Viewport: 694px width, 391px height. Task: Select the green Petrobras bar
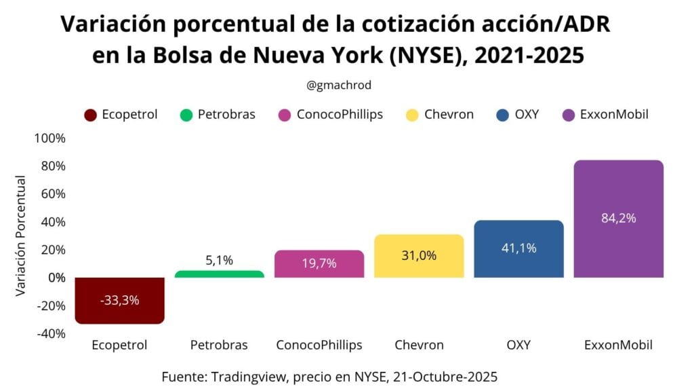(x=219, y=274)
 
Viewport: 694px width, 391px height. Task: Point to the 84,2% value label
(x=618, y=218)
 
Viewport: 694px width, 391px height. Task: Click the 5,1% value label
(x=219, y=260)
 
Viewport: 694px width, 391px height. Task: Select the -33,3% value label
(x=120, y=299)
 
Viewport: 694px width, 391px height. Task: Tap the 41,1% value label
(x=518, y=248)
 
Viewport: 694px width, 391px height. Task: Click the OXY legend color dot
(x=502, y=115)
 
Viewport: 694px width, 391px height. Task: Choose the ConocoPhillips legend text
(x=340, y=114)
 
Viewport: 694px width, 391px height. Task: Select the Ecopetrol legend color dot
(x=90, y=115)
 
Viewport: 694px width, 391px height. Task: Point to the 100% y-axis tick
(x=49, y=138)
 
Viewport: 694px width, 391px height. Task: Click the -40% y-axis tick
(x=51, y=333)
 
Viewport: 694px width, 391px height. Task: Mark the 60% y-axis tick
(x=52, y=194)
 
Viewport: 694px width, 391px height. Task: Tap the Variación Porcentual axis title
(x=21, y=236)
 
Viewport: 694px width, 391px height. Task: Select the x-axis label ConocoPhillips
(x=319, y=345)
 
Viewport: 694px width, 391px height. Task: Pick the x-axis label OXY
(x=518, y=345)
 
